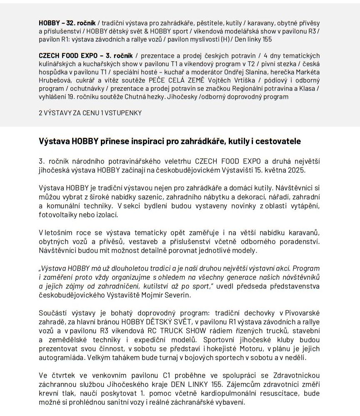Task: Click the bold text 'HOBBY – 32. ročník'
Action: point(67,23)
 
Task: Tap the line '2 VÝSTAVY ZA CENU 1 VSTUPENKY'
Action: point(90,113)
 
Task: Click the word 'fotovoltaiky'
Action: point(59,215)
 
